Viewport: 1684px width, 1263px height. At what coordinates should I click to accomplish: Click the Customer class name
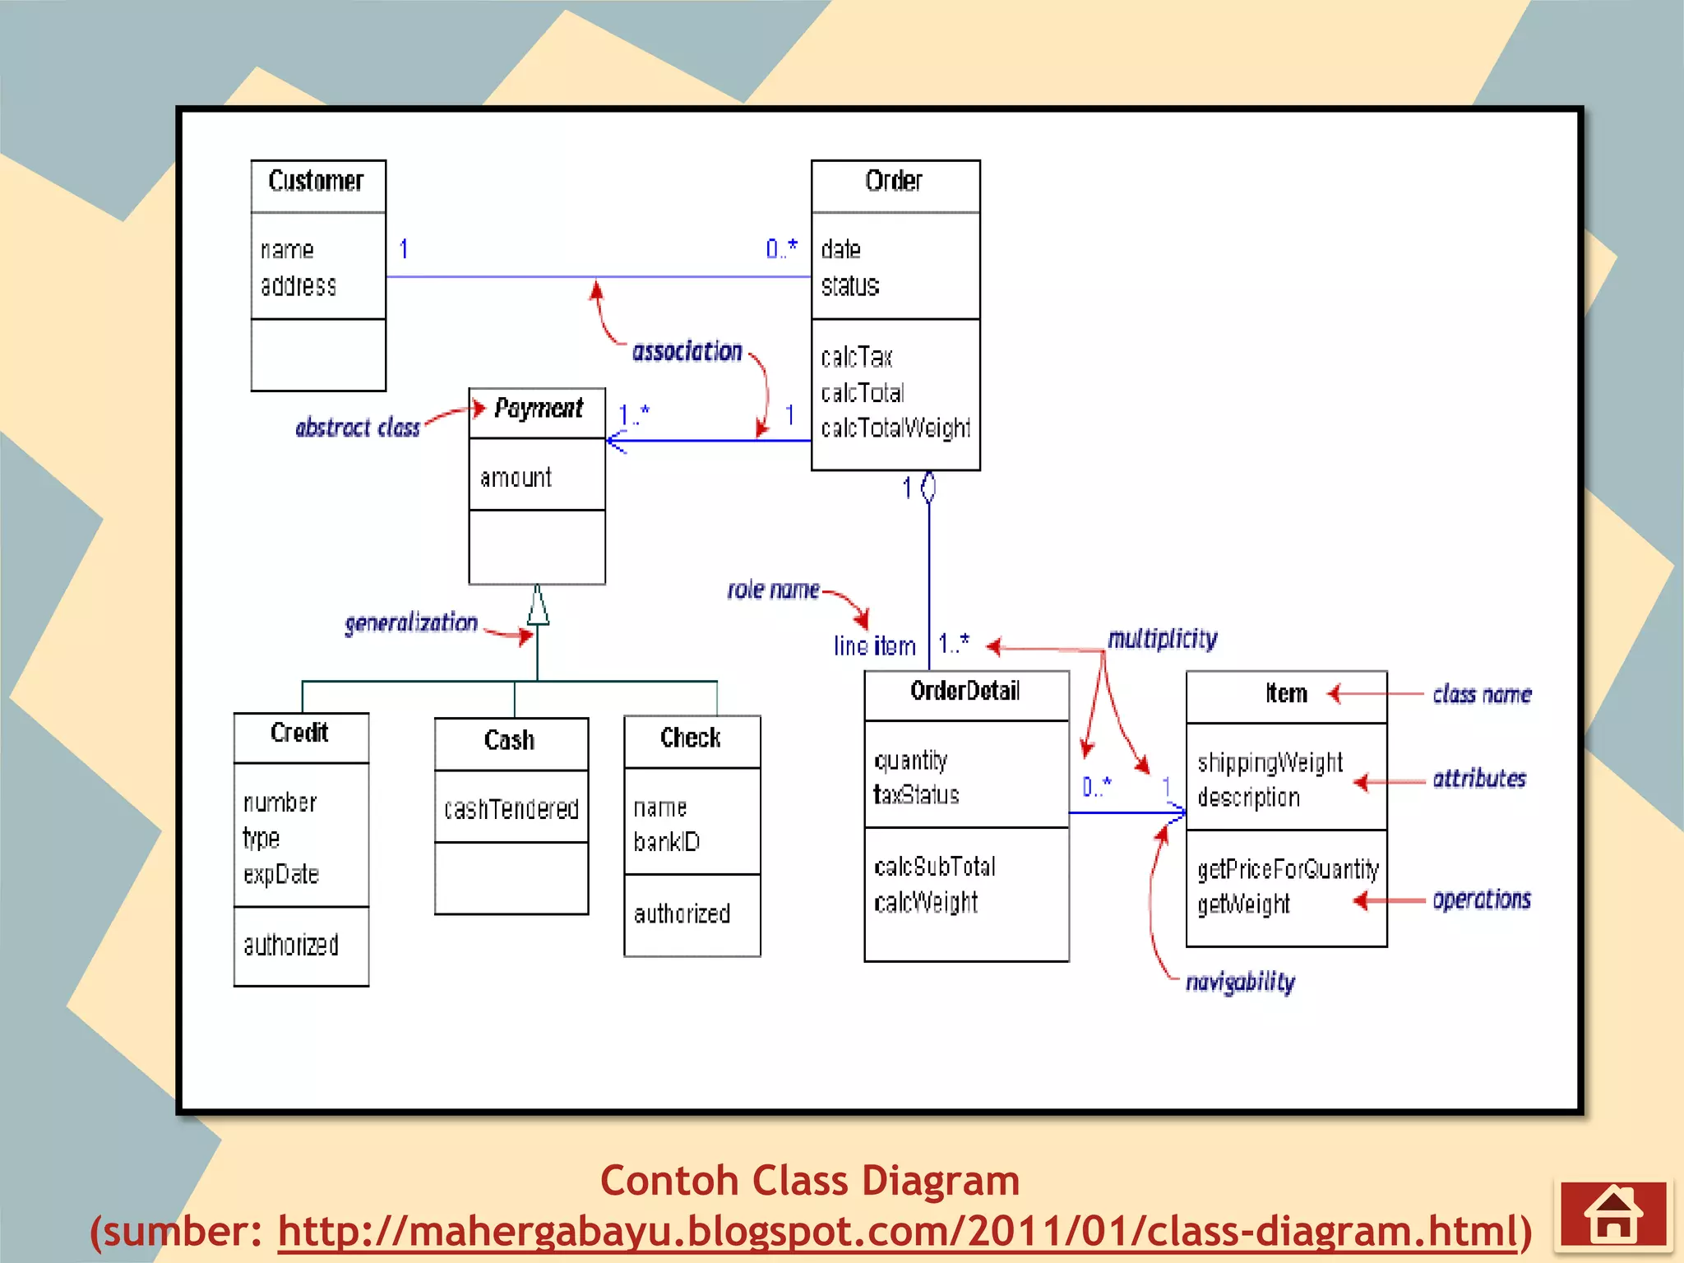point(316,181)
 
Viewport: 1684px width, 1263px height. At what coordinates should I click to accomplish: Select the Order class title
point(894,181)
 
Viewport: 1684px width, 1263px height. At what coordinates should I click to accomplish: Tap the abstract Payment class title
point(539,409)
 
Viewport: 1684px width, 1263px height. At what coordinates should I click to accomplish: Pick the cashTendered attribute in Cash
point(511,809)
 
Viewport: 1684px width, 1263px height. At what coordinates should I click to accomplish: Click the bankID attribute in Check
point(667,842)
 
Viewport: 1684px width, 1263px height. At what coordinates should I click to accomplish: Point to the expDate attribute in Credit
point(281,874)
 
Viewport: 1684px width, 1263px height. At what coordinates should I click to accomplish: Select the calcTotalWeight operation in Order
point(895,428)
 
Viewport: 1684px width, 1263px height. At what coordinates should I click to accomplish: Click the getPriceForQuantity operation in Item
point(1287,869)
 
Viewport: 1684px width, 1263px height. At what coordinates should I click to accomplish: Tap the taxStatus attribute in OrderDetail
point(916,795)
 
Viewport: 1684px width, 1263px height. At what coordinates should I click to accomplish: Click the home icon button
point(1613,1214)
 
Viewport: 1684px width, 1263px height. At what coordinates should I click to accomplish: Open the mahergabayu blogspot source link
point(897,1232)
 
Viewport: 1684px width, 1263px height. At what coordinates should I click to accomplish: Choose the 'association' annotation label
point(687,352)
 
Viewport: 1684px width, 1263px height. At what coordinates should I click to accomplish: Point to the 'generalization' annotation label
point(411,623)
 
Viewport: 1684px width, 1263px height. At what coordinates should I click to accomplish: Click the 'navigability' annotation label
point(1240,982)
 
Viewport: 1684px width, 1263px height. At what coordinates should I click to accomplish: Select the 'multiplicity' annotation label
point(1162,639)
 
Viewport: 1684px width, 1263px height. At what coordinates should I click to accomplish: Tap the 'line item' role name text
point(874,646)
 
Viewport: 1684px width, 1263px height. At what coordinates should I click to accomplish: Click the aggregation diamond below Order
point(928,487)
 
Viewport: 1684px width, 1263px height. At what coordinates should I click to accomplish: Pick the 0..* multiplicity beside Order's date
point(781,248)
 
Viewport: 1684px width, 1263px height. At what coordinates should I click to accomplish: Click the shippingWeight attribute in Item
point(1270,763)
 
